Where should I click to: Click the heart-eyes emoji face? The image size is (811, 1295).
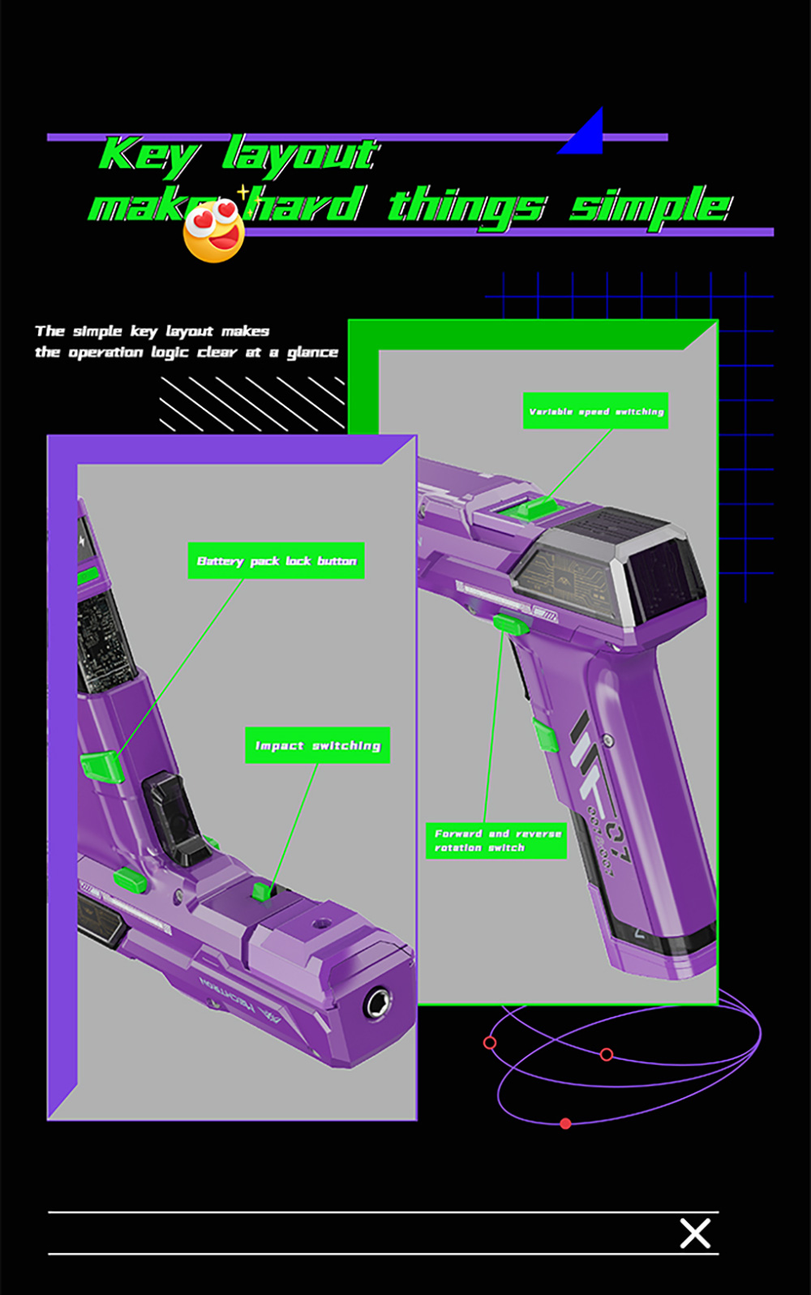[x=214, y=231]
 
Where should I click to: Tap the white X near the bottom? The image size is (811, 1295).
[x=695, y=1233]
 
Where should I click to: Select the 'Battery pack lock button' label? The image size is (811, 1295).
[x=276, y=560]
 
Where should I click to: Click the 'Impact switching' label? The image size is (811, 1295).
[x=317, y=745]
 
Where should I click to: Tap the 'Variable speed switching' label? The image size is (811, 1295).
[x=595, y=411]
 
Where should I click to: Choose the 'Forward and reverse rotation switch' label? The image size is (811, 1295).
[x=496, y=840]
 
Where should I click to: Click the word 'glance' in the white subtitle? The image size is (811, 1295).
[x=312, y=352]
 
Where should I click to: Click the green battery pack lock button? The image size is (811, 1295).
[x=101, y=765]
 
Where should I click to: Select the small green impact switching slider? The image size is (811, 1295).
[x=261, y=891]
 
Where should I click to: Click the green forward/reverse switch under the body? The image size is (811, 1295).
[x=511, y=624]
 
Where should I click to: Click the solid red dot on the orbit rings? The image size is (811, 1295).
[x=565, y=1123]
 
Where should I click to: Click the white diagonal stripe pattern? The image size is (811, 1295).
[x=251, y=403]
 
